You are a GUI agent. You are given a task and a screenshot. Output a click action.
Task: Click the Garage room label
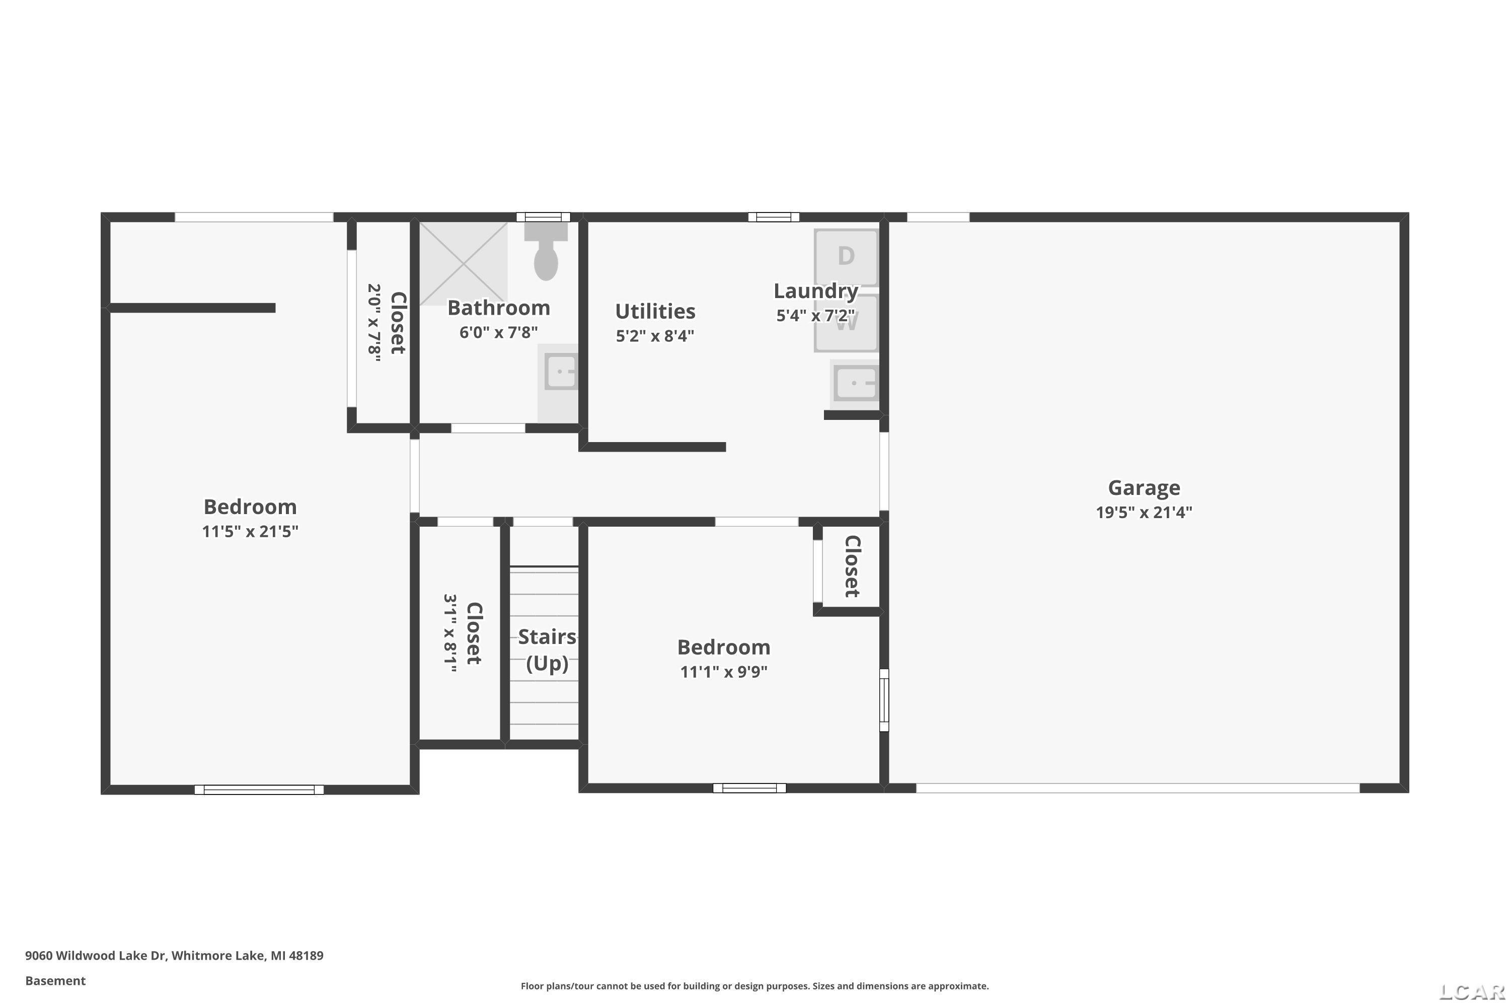tap(1144, 488)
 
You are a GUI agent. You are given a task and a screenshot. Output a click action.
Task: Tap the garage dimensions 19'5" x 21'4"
tap(1144, 513)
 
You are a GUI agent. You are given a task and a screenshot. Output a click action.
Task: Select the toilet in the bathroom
tap(546, 252)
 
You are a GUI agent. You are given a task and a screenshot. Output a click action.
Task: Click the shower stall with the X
tap(464, 263)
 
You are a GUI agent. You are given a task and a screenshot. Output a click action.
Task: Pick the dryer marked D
tap(846, 257)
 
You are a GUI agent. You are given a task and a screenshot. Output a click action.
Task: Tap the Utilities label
tap(655, 312)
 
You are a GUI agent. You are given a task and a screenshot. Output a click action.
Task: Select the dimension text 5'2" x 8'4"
tap(655, 336)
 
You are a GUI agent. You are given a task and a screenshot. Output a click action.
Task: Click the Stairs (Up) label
tap(547, 650)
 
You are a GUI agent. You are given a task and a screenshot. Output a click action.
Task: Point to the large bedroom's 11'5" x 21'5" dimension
tap(250, 532)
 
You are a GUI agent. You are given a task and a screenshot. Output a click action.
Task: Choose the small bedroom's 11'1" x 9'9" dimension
tap(724, 672)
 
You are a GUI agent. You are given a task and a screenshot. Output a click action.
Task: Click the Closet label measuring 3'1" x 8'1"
tap(474, 633)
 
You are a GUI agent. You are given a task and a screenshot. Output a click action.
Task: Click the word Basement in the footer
tap(55, 981)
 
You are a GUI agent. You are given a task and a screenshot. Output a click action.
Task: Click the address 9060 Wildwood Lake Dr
tap(96, 955)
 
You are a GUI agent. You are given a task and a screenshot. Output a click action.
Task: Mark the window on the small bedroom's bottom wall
tap(749, 788)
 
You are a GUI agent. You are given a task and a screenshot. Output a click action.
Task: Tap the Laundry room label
tap(815, 291)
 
